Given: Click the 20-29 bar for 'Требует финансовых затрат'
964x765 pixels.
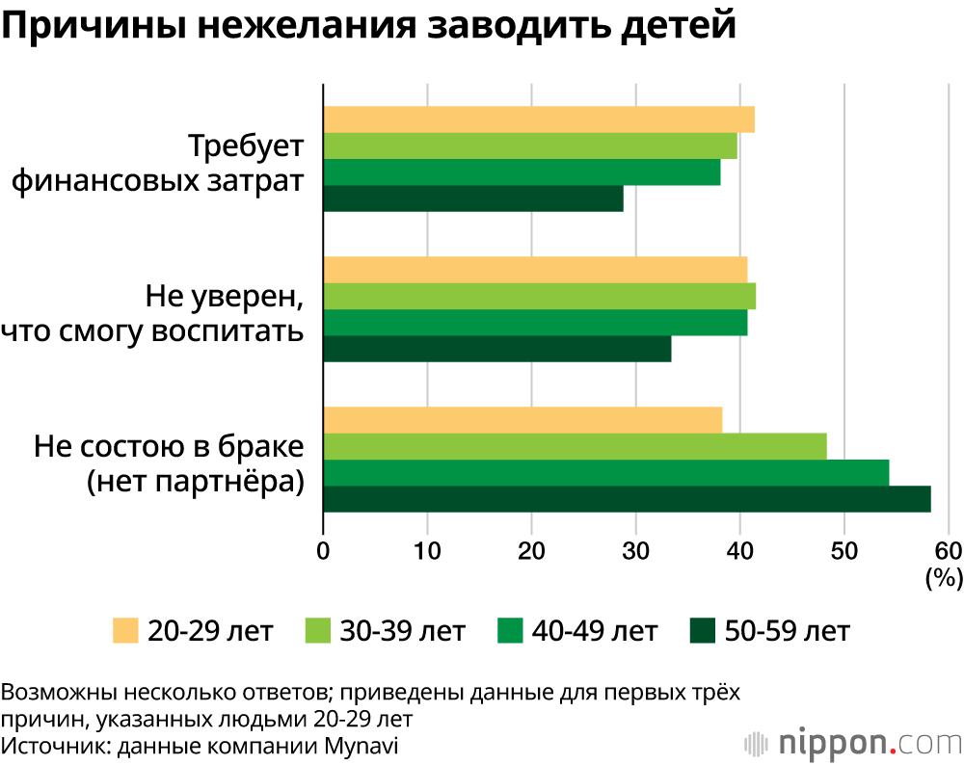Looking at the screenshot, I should pyautogui.click(x=538, y=119).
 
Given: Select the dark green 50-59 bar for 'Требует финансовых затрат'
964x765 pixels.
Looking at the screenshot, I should pyautogui.click(x=473, y=198).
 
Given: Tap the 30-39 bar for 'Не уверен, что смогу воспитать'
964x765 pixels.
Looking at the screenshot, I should pyautogui.click(x=539, y=296).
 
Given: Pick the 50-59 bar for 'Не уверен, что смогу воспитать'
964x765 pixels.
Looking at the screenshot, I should pyautogui.click(x=496, y=349).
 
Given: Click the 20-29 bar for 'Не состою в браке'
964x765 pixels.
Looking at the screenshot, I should pyautogui.click(x=522, y=420).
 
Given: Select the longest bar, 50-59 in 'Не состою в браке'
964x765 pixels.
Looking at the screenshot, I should pyautogui.click(x=627, y=499).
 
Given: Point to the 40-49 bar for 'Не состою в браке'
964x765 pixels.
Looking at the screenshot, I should pyautogui.click(x=605, y=473).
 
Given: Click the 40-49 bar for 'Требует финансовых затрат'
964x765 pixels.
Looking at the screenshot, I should pyautogui.click(x=522, y=172).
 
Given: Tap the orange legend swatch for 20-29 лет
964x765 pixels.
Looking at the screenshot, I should pyautogui.click(x=125, y=631).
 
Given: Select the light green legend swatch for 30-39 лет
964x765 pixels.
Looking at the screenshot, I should pyautogui.click(x=318, y=631).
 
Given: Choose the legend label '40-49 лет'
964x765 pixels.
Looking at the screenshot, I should pyautogui.click(x=596, y=631).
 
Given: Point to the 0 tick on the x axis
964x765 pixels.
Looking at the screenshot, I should pyautogui.click(x=324, y=551).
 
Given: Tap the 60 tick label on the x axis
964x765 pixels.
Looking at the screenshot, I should pyautogui.click(x=949, y=551).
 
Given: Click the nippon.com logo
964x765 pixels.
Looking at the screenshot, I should pyautogui.click(x=853, y=743).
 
